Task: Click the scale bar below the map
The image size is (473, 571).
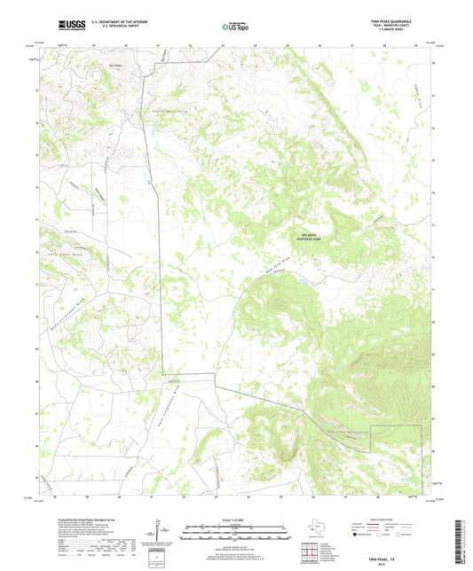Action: point(236,533)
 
